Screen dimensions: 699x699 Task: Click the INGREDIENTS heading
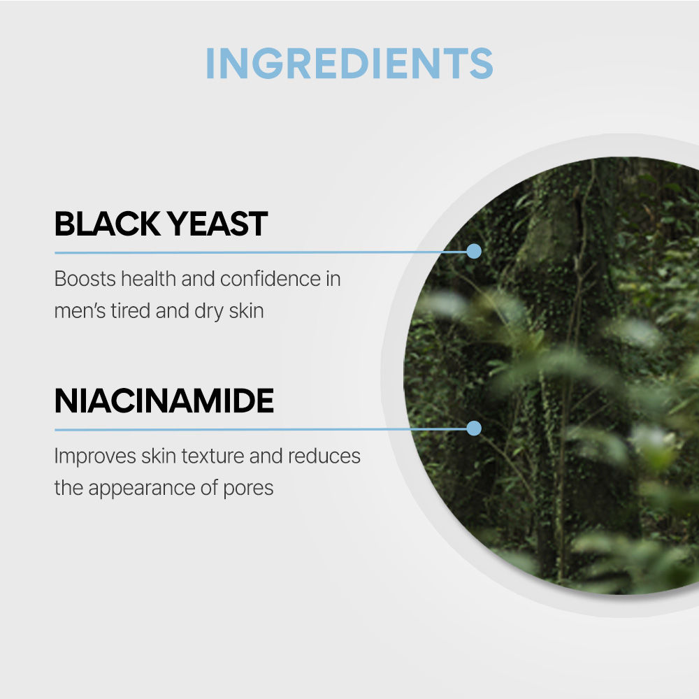pyautogui.click(x=349, y=64)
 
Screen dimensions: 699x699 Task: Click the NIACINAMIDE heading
pyautogui.click(x=164, y=401)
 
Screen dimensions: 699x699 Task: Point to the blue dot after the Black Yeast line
pyautogui.click(x=474, y=251)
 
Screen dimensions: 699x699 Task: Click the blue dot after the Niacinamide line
pyautogui.click(x=474, y=428)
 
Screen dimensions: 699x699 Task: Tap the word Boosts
pyautogui.click(x=85, y=279)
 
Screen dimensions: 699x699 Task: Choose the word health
pyautogui.click(x=148, y=279)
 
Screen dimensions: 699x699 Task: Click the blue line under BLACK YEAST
pyautogui.click(x=259, y=252)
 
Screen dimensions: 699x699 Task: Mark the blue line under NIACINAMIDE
pyautogui.click(x=259, y=428)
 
